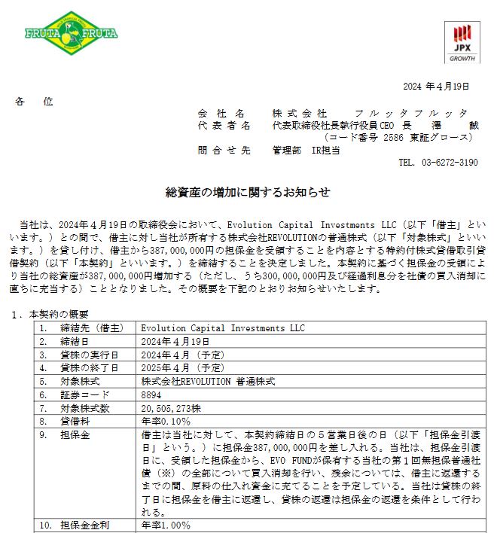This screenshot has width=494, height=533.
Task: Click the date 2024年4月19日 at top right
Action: coord(436,87)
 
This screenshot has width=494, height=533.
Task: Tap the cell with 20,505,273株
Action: coord(171,408)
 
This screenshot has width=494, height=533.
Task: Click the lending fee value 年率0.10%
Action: coord(166,422)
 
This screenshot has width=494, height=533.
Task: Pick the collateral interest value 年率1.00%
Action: coord(166,525)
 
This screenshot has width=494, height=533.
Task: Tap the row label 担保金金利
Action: coord(81,525)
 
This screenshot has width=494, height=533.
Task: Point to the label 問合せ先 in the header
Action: coord(223,150)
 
